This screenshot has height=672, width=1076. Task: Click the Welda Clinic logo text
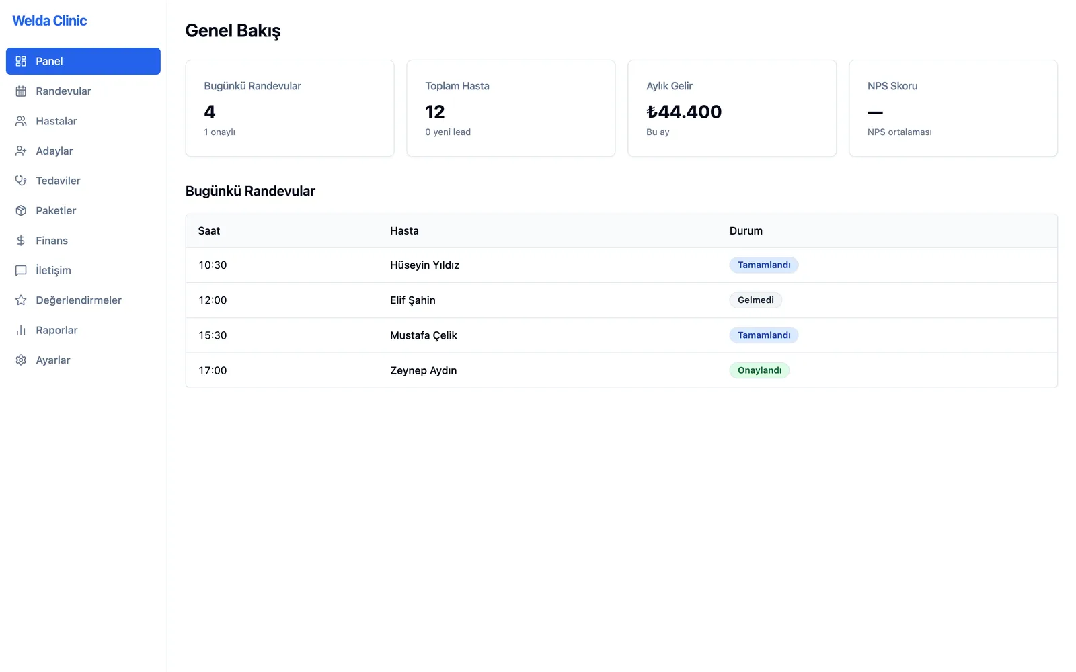[50, 21]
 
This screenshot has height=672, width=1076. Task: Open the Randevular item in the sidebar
[63, 91]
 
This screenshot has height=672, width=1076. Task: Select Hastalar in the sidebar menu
[56, 121]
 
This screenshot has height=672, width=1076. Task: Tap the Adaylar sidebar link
[54, 151]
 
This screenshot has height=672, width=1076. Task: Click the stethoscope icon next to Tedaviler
[21, 181]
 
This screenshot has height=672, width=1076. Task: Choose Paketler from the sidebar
[56, 210]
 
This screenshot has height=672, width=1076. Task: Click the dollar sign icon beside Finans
[21, 241]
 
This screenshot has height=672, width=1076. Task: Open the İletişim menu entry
[53, 270]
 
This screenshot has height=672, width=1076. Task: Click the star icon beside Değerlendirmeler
[21, 300]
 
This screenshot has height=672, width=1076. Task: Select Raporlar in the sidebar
[56, 330]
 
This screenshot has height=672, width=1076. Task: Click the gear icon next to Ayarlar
[21, 360]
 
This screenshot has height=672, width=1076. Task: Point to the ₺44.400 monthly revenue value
[684, 112]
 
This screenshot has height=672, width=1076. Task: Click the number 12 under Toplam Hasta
[434, 112]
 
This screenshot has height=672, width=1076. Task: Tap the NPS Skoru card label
[892, 86]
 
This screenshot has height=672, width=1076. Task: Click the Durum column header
[746, 231]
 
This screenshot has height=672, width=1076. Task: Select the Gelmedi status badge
[756, 300]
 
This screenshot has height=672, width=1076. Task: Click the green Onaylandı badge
[759, 370]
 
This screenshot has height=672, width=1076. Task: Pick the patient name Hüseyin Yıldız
[424, 265]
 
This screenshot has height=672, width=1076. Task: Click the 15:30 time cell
[213, 335]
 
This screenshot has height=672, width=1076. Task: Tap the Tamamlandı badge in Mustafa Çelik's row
[764, 335]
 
